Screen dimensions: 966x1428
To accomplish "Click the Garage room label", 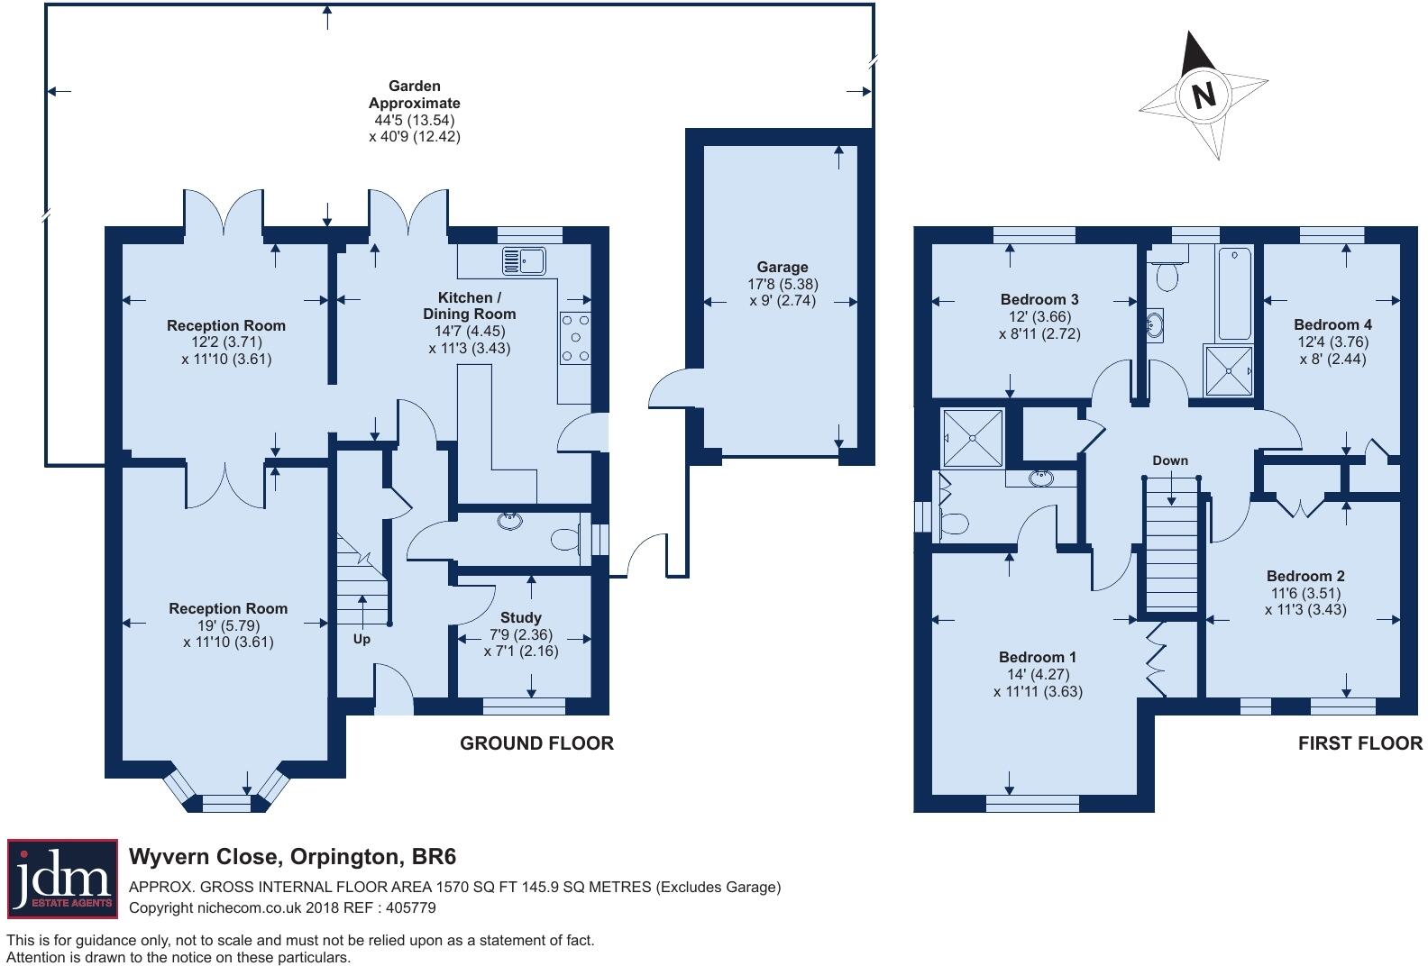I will (782, 267).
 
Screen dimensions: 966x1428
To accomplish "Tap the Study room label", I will (520, 617).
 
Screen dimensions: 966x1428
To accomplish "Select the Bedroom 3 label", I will (1039, 299).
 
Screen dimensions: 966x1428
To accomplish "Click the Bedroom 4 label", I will (1332, 324).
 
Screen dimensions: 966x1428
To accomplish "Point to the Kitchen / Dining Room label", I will (469, 305).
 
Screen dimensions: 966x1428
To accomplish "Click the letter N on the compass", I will (1204, 95).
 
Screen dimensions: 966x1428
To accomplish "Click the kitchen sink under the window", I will (525, 261).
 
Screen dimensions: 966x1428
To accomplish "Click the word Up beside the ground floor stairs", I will (362, 639).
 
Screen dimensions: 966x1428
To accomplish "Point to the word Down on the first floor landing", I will (1169, 460).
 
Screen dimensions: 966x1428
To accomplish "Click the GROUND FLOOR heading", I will (536, 743).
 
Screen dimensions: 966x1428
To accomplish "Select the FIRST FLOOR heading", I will (1359, 743).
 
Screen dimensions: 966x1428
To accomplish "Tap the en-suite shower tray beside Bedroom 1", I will (972, 438).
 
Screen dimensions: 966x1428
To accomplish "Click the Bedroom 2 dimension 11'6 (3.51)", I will (1304, 593).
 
